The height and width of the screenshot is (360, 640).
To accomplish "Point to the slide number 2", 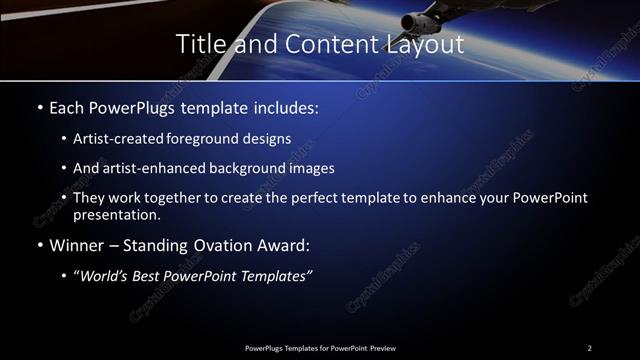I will pos(589,347).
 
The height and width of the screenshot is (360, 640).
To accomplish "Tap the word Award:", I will pos(281,244).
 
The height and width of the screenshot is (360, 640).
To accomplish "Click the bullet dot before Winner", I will pos(39,245).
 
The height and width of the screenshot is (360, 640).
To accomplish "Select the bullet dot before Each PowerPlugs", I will pos(39,106).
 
